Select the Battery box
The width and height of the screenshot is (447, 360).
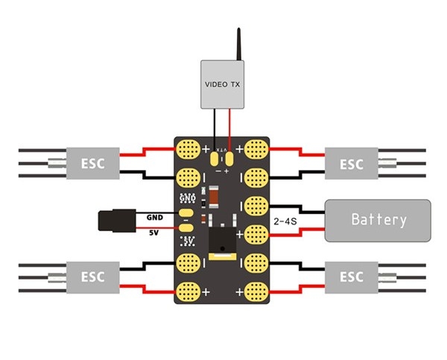(x=378, y=220)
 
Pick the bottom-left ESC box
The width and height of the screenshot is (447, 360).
(x=92, y=277)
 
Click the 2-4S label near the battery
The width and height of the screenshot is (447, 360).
(x=287, y=221)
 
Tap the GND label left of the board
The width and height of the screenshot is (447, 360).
(x=154, y=217)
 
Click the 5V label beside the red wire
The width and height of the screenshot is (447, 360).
(x=154, y=233)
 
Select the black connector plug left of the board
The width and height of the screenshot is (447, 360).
(x=115, y=220)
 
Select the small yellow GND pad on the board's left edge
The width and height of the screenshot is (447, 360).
(x=186, y=214)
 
